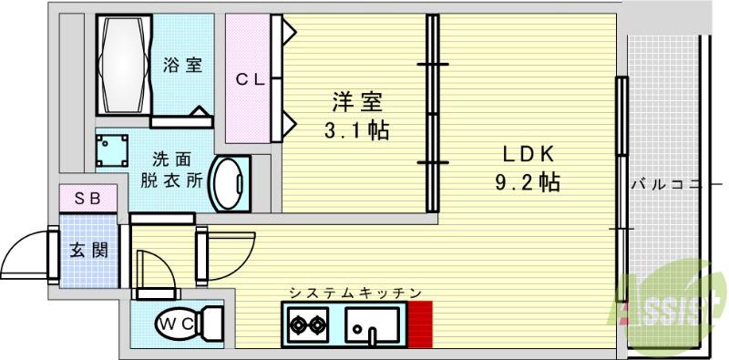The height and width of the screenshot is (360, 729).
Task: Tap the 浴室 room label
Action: tap(182, 66)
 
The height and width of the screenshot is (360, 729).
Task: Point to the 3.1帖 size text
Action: tap(356, 130)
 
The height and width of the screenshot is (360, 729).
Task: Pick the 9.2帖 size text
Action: tap(526, 181)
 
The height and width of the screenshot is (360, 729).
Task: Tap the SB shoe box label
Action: tap(88, 198)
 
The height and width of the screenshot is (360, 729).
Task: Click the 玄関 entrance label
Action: tap(88, 248)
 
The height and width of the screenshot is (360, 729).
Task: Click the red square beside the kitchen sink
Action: tap(419, 323)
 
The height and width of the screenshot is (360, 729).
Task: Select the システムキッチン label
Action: tap(354, 293)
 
